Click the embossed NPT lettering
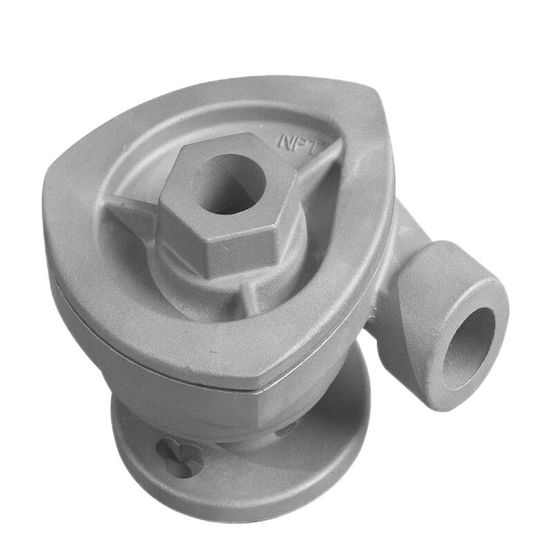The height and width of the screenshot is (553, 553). (x=303, y=140)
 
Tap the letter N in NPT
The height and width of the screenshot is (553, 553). (x=287, y=140)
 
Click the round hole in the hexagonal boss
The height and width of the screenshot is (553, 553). (x=229, y=183)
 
